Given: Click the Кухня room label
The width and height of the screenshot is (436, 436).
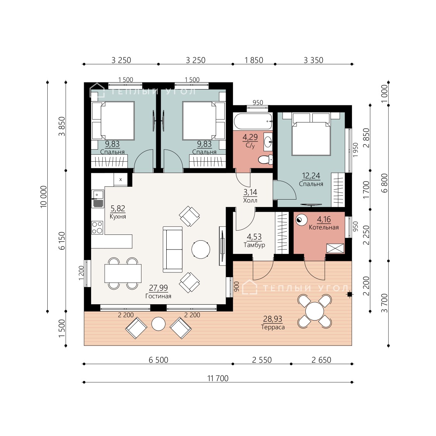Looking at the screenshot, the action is [117, 217].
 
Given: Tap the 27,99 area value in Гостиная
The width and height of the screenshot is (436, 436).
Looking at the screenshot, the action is [158, 288].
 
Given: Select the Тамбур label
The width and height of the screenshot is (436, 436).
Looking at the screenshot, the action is [254, 245].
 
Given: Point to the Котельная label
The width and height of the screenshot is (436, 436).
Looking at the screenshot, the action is [324, 227].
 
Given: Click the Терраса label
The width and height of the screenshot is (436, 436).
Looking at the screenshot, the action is [273, 327].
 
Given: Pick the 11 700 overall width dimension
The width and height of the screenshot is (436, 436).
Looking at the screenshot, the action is [218, 378].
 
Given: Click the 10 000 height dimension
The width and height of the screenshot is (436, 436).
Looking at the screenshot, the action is [44, 197].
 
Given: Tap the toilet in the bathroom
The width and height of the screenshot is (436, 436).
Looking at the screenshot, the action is [265, 160].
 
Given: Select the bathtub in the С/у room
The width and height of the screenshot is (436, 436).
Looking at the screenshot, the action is [253, 121].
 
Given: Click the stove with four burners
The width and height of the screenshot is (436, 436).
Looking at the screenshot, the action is [97, 227].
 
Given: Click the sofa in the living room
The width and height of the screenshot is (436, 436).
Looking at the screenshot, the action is [173, 249].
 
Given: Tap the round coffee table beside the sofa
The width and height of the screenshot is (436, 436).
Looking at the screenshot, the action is [201, 250].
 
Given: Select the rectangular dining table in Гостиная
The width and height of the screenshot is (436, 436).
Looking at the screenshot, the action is [123, 273].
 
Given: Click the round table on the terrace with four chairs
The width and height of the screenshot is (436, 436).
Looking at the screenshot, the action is [314, 311].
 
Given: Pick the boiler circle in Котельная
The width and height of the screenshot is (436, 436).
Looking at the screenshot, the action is [301, 220].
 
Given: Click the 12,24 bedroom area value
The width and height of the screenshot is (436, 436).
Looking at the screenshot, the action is [311, 176].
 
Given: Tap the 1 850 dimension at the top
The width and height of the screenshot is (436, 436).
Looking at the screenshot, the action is [253, 60].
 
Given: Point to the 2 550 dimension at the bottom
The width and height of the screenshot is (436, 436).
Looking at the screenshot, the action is [262, 360].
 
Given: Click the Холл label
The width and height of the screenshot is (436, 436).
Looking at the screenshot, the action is [250, 200].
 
